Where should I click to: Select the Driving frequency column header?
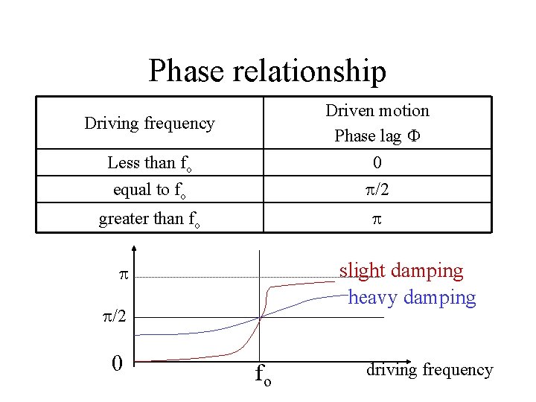[x=150, y=123]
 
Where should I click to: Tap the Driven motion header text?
[x=377, y=111]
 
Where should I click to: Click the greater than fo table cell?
[x=149, y=220]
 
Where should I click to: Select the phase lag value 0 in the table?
[x=377, y=163]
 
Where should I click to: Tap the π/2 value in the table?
[x=377, y=191]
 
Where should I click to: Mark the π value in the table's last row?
[x=377, y=220]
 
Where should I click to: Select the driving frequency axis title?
[x=429, y=369]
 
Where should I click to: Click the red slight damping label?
[x=401, y=271]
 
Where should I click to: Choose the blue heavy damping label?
[x=412, y=298]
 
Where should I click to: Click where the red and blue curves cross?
[x=260, y=318]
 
